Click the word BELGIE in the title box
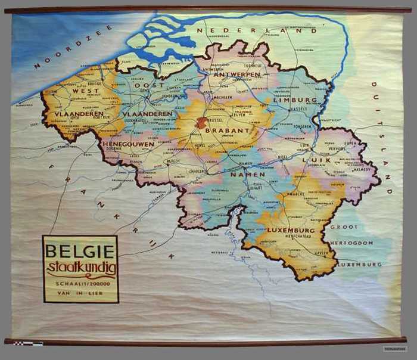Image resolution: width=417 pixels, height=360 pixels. pos(80,250)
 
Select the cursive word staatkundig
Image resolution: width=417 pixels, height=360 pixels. pos(80,266)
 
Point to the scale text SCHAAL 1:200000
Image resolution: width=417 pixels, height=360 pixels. pos(80,283)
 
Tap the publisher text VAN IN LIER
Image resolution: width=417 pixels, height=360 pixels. pos(80,293)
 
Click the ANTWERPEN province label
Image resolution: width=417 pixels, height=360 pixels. pos(239,75)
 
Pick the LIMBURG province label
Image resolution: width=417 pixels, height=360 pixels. pos(296,100)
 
